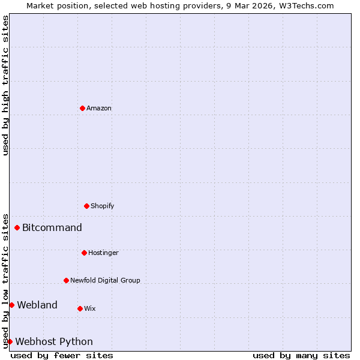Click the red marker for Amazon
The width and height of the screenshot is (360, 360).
(x=82, y=108)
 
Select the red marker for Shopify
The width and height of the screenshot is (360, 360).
(x=86, y=206)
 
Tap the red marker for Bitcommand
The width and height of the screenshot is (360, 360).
(x=17, y=227)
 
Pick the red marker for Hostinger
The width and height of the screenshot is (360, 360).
(x=84, y=253)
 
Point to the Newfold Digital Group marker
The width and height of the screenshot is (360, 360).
(x=66, y=280)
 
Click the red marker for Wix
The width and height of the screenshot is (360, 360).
(x=80, y=308)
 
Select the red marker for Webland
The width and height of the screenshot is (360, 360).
(x=11, y=305)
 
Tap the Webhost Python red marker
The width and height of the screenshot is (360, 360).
(x=10, y=341)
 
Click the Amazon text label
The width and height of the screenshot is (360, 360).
(x=99, y=109)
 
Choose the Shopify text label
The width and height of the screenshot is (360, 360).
(x=103, y=206)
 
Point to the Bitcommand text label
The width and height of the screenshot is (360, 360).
(x=52, y=228)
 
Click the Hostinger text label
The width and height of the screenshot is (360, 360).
(x=103, y=253)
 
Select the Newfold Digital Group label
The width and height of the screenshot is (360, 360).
(x=105, y=281)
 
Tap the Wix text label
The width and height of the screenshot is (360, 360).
(x=90, y=309)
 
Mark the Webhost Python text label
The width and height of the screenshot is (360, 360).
(x=54, y=342)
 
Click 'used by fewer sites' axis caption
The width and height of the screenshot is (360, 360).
(x=62, y=356)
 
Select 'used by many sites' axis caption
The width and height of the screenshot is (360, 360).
(x=301, y=356)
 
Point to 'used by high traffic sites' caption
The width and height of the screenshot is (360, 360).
(x=6, y=85)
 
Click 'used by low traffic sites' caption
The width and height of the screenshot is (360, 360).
(x=6, y=280)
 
